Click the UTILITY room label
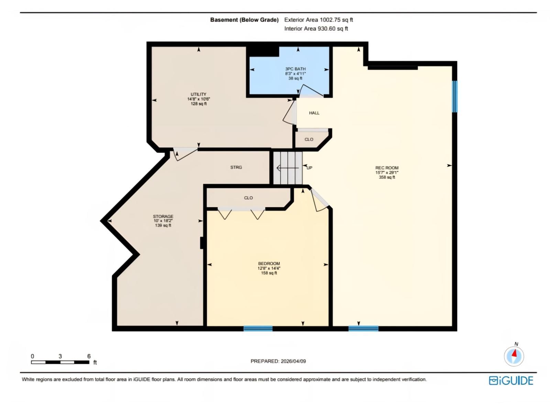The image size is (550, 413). click(198, 94)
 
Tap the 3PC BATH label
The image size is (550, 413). click(295, 69)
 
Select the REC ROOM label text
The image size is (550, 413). click(387, 168)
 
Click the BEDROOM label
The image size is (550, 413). click(269, 264)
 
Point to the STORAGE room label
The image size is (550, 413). click(163, 216)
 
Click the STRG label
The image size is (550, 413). click(236, 167)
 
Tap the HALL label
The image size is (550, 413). click(314, 113)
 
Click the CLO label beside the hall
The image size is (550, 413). click(309, 139)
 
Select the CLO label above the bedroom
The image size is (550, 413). click(248, 198)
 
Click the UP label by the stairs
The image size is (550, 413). click(309, 168)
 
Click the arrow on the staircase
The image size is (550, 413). click(287, 168)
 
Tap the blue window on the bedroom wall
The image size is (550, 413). click(258, 329)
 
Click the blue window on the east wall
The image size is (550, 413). click(454, 96)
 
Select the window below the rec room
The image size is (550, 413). click(363, 329)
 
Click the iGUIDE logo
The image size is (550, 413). click(511, 381)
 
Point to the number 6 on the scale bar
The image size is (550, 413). click(89, 356)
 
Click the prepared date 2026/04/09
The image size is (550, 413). click(293, 361)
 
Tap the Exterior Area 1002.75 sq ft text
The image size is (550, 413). click(318, 20)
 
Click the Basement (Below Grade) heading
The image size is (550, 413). click(244, 20)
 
